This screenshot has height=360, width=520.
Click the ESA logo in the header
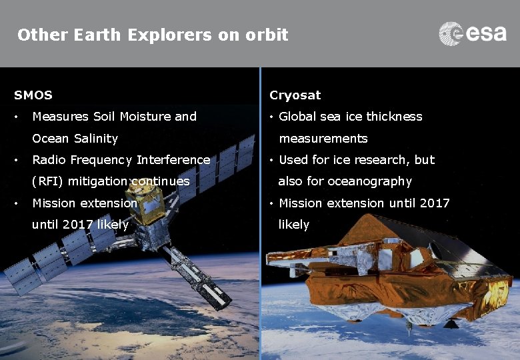pyautogui.click(x=473, y=33)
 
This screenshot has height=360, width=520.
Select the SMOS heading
pyautogui.click(x=33, y=95)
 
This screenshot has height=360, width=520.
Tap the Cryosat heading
pyautogui.click(x=295, y=95)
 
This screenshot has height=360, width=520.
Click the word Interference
pyautogui.click(x=173, y=160)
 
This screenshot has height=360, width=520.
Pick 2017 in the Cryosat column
pyautogui.click(x=435, y=203)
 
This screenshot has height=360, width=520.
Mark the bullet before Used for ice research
pyautogui.click(x=272, y=161)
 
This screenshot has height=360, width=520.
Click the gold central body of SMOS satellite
pyautogui.click(x=154, y=204)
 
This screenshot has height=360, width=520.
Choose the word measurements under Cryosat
pyautogui.click(x=323, y=139)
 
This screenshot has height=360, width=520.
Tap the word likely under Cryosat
pyautogui.click(x=293, y=225)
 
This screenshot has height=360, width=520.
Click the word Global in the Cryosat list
pyautogui.click(x=298, y=117)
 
